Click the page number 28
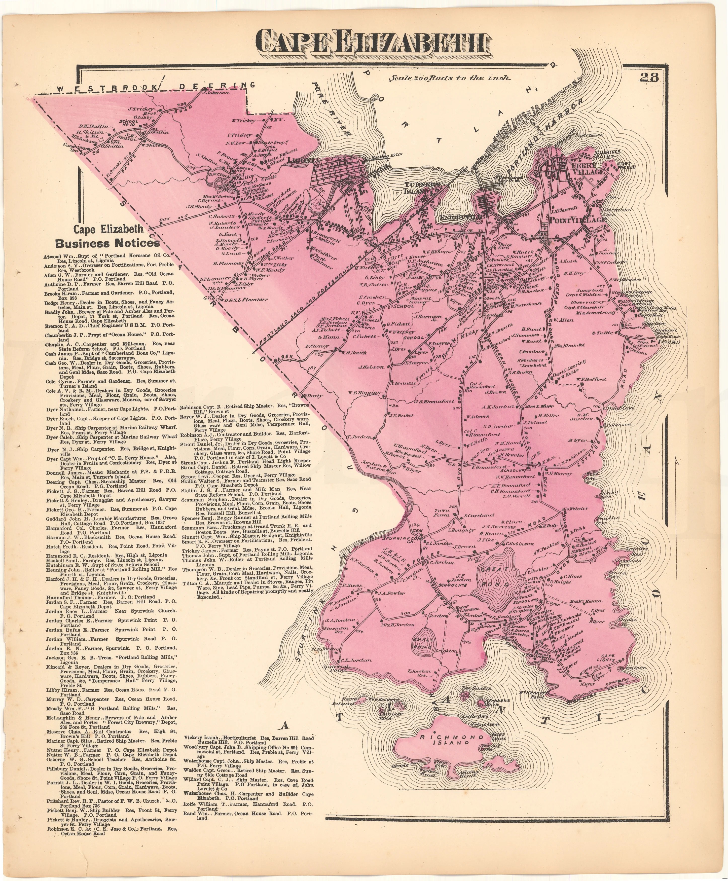(649, 77)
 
